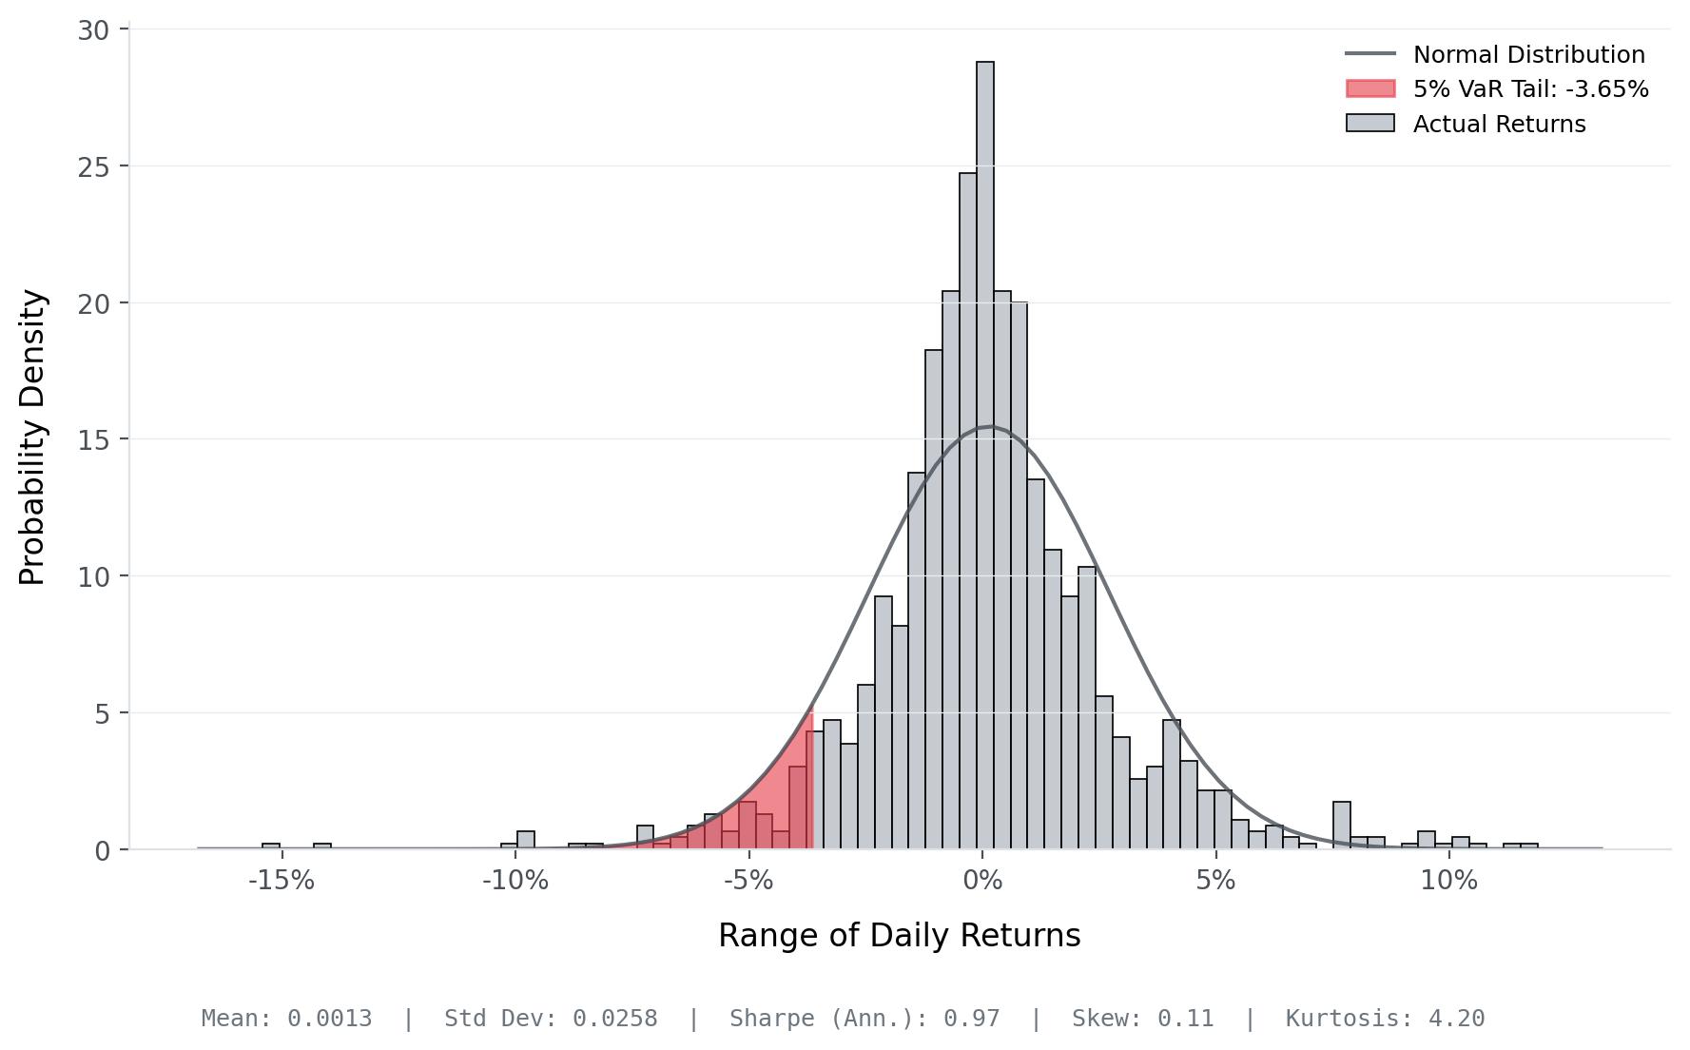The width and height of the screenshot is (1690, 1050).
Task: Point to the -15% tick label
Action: (x=281, y=881)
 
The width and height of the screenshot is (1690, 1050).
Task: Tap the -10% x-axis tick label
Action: (x=515, y=881)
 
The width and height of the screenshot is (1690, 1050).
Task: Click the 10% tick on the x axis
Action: (x=1448, y=881)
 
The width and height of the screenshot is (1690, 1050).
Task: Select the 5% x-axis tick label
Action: (x=1215, y=881)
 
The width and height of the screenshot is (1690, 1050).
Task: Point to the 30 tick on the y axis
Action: (x=93, y=30)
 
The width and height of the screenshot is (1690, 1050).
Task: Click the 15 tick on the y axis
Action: (x=93, y=440)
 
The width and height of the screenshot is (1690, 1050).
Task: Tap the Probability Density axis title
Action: (x=32, y=437)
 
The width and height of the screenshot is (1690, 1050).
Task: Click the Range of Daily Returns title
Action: (x=899, y=936)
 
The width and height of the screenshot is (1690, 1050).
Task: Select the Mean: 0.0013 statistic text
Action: (x=286, y=1019)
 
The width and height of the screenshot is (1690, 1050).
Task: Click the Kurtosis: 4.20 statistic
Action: (x=1385, y=1019)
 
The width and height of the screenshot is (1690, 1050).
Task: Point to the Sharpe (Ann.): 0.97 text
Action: (x=864, y=1019)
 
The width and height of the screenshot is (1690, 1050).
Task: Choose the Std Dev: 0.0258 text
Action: (x=551, y=1019)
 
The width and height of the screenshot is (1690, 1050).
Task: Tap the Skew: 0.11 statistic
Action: (x=1142, y=1019)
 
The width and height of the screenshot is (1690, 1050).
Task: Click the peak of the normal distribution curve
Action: (x=991, y=427)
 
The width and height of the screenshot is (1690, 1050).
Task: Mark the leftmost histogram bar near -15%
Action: (x=271, y=846)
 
